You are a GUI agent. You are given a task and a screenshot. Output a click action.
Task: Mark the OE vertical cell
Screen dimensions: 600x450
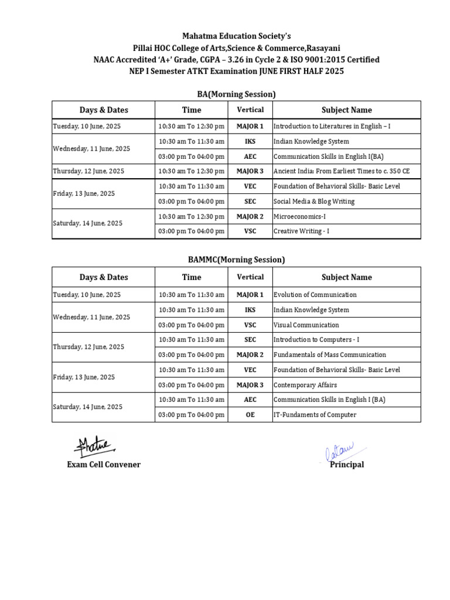click(250, 415)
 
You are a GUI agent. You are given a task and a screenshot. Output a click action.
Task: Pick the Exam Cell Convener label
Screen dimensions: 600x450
click(104, 465)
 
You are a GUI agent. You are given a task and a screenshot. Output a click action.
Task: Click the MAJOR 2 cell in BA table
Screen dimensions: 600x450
click(250, 216)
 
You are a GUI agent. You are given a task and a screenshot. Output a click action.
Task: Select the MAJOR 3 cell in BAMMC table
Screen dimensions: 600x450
click(250, 385)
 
